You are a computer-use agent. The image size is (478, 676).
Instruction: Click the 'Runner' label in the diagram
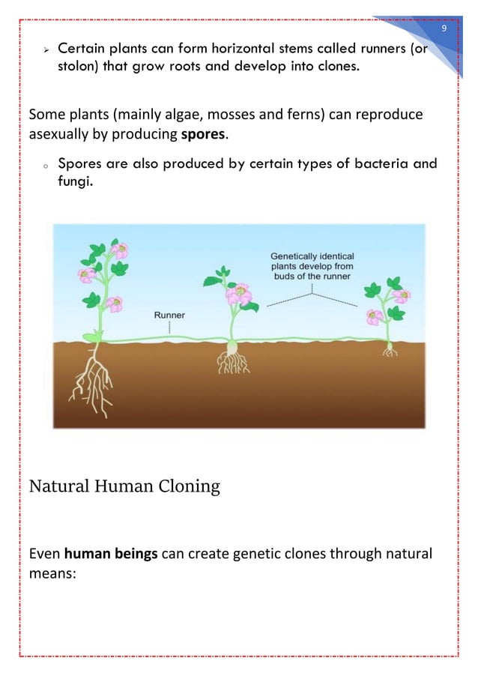pos(169,316)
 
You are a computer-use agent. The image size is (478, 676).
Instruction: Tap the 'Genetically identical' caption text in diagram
pos(312,256)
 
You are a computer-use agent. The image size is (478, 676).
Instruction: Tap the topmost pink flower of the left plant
pos(118,250)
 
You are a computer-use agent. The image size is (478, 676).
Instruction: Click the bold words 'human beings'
pos(110,555)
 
